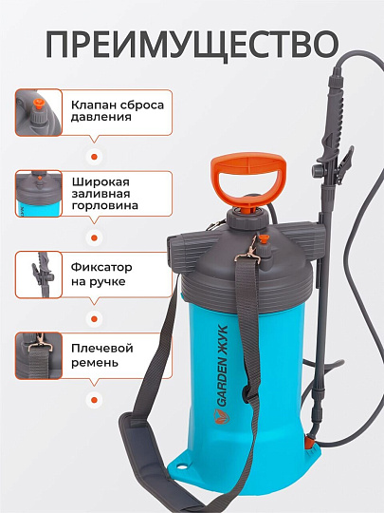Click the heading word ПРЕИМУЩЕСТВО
(x=192, y=44)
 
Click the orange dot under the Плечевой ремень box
(x=93, y=399)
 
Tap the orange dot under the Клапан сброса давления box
(x=93, y=156)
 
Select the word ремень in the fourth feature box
(x=95, y=363)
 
